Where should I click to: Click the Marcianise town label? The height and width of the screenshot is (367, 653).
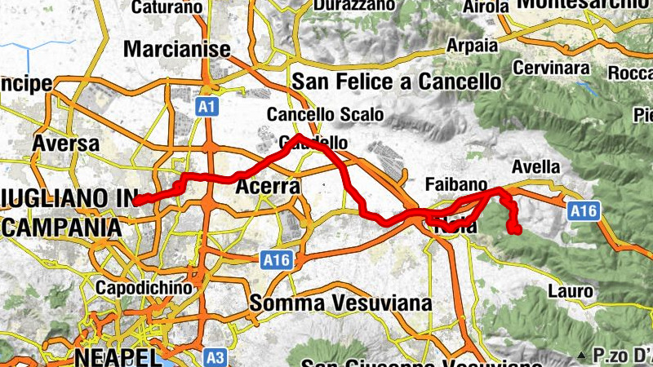point(177,50)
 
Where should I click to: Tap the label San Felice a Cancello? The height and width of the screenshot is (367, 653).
point(396,82)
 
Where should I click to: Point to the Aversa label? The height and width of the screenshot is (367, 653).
point(65,144)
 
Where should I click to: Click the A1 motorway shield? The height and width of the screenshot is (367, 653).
point(207,106)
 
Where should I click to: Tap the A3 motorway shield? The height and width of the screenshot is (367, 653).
point(215,356)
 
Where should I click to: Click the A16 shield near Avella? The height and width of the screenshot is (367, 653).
point(583,211)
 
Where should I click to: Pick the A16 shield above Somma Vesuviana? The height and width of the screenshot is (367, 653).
point(278,260)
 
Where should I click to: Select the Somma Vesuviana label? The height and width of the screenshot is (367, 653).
point(340,303)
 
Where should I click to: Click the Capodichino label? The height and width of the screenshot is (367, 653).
point(144,288)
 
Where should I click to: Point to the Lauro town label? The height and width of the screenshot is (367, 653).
point(570,291)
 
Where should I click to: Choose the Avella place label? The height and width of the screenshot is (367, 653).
point(535,167)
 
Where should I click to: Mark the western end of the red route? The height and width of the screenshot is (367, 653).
point(135,201)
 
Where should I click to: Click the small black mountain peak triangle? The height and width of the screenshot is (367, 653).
point(580,356)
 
